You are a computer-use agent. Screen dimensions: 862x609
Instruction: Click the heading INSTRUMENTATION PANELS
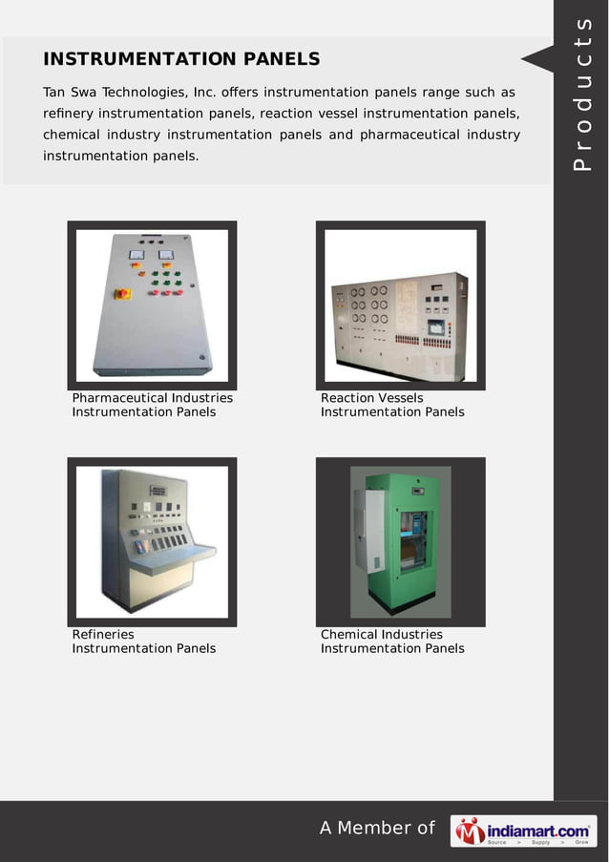tap(181, 59)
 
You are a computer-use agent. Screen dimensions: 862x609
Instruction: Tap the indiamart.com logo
tap(523, 830)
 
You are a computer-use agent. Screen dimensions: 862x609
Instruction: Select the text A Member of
tap(377, 828)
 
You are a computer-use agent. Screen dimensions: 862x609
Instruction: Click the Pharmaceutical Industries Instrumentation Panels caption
tap(152, 405)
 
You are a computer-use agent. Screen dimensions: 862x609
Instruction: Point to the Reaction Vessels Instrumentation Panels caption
tap(392, 405)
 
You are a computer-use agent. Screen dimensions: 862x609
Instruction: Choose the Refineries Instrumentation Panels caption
tap(144, 641)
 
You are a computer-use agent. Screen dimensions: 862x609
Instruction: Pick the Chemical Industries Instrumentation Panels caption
tap(392, 641)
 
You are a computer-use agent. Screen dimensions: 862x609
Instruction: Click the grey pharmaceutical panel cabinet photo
tap(152, 305)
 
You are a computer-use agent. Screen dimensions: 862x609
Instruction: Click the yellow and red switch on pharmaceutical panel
tap(123, 294)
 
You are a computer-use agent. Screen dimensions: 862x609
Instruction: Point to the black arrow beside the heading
tap(536, 59)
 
